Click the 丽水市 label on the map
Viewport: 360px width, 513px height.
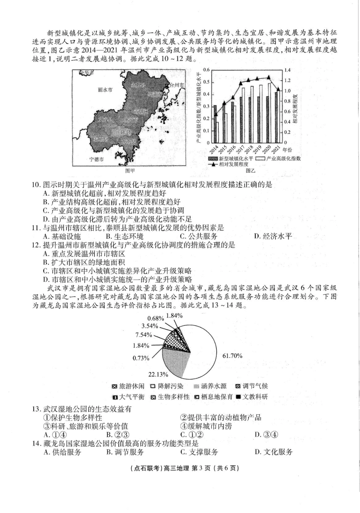point(105,90)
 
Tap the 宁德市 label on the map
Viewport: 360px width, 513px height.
point(96,159)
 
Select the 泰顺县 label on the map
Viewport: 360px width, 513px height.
point(101,139)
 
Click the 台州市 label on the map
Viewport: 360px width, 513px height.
point(176,85)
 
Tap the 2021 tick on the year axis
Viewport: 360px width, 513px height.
point(278,149)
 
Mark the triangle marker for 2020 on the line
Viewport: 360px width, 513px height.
point(269,77)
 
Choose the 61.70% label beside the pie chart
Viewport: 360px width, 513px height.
point(232,356)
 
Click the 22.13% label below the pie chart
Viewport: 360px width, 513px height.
point(158,374)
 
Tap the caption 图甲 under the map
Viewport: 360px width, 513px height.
point(130,171)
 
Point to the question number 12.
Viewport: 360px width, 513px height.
point(36,245)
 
